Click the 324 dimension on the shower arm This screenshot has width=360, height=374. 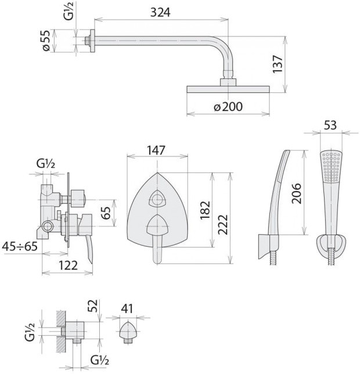coord(160,12)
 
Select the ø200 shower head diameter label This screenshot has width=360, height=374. coord(228,106)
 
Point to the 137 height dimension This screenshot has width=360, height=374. coord(278,64)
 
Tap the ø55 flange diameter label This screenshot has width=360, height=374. coord(46,41)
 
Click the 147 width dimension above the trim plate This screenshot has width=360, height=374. coord(156,150)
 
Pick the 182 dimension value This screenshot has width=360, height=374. coord(205,210)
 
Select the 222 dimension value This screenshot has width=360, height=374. coord(223,225)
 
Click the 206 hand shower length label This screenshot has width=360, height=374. coord(297,193)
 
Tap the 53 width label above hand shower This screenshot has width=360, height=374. coord(330,125)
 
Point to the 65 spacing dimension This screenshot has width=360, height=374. coord(106,213)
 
